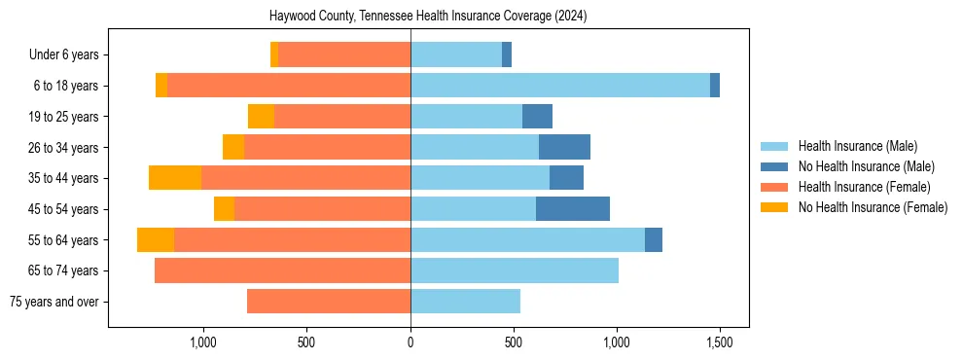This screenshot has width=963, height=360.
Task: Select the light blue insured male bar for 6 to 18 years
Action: click(559, 86)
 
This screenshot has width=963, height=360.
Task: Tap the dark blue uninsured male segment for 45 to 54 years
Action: click(572, 209)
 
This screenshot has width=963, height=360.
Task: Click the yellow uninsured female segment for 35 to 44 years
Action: click(175, 178)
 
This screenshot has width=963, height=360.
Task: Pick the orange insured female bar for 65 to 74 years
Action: click(282, 270)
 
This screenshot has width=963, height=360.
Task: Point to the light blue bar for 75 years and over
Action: click(465, 302)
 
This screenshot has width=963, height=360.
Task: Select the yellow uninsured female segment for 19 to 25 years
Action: click(261, 117)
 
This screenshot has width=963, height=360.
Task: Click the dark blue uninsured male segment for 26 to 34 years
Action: click(564, 148)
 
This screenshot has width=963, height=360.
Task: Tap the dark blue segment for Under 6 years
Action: click(507, 54)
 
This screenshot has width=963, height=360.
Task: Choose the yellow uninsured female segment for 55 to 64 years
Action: click(156, 240)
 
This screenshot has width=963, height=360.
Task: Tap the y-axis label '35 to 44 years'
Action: click(63, 178)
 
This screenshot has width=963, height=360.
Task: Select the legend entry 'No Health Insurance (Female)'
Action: click(873, 207)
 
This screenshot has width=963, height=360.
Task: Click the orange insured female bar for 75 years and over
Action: click(329, 302)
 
